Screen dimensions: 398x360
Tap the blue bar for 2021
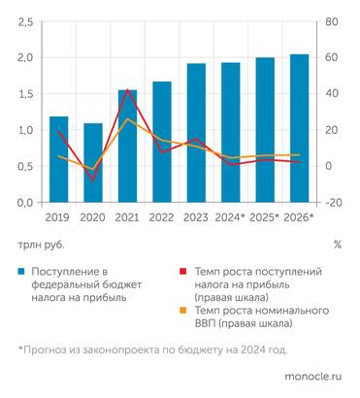[x=127, y=146]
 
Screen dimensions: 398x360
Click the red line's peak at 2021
[x=127, y=89]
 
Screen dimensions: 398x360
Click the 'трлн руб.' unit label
[x=38, y=244]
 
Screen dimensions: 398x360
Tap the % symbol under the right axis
[x=337, y=244]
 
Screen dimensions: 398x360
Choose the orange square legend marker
[x=182, y=311]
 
